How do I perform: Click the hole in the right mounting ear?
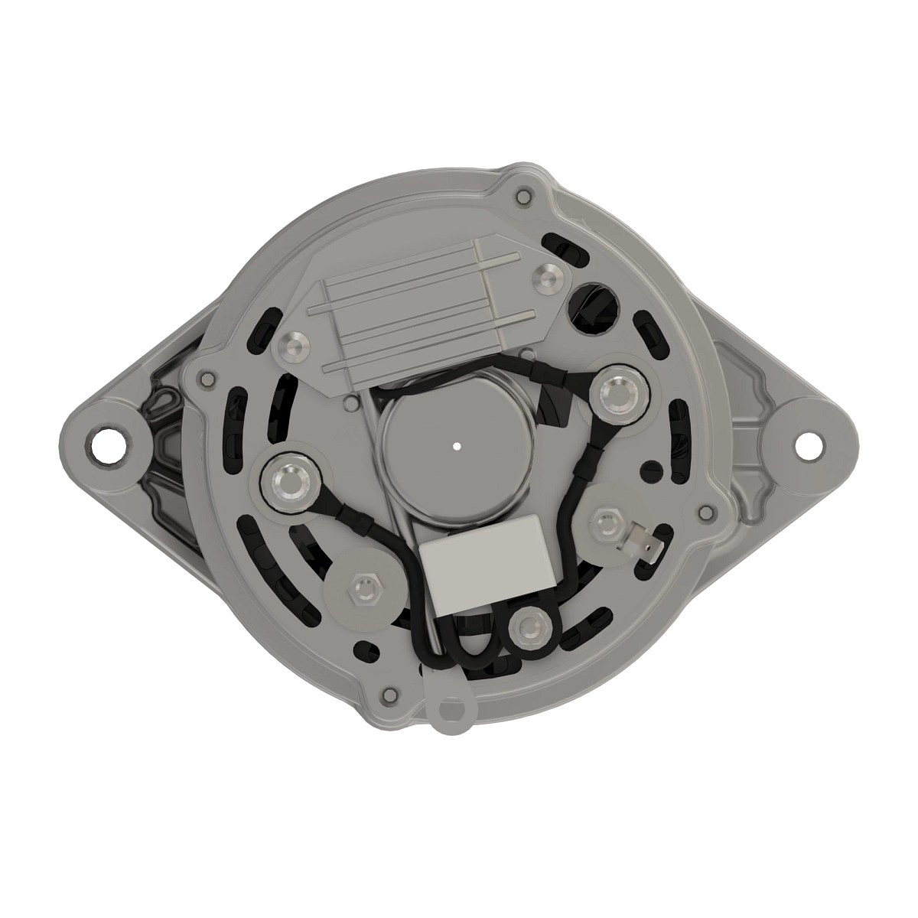806,444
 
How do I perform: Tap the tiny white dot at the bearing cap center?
457,445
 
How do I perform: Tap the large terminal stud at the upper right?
617,394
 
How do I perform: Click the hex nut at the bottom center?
527,628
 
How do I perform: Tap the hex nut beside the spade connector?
605,523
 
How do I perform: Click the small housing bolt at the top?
522,197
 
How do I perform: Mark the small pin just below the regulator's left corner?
351,402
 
